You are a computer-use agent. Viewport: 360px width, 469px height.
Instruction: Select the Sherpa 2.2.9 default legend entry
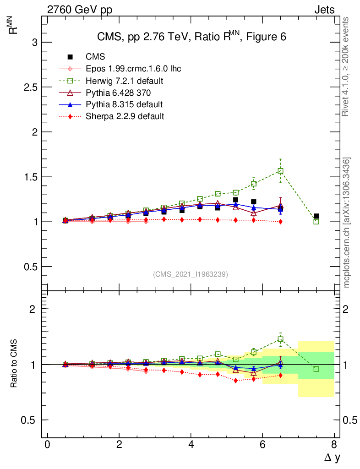[125, 116]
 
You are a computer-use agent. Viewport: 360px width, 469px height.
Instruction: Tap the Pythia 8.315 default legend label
[124, 104]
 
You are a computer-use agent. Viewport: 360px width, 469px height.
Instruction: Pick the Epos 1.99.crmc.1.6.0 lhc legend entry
[133, 69]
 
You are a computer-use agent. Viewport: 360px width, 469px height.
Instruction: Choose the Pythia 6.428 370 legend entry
[118, 93]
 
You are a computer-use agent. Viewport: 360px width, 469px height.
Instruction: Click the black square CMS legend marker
[70, 57]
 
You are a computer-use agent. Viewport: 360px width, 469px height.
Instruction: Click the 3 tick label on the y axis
[33, 42]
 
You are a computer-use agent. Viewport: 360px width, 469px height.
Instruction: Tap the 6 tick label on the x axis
[262, 445]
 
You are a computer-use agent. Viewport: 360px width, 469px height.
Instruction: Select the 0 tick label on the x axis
[47, 445]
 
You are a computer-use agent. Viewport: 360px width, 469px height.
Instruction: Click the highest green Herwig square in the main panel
[280, 171]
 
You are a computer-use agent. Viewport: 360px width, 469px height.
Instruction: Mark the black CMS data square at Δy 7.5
[316, 216]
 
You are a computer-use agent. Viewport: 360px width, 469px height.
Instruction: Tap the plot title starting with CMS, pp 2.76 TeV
[191, 37]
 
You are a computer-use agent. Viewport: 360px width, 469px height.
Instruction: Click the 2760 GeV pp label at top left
[80, 10]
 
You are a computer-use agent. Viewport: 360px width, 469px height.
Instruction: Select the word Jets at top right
[324, 10]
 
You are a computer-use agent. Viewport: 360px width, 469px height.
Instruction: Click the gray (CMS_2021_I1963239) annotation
[191, 274]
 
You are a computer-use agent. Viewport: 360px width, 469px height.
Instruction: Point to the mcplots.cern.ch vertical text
[347, 222]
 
